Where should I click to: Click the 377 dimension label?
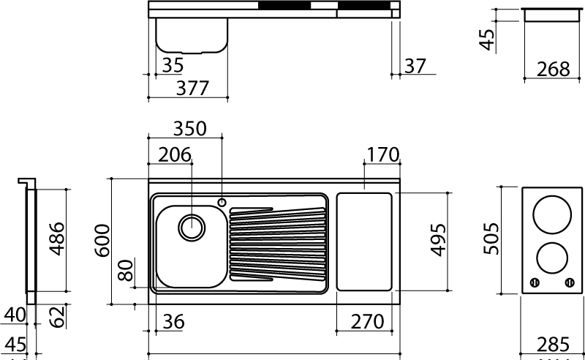click(x=192, y=88)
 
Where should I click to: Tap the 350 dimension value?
click(x=189, y=129)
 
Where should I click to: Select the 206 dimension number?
click(x=175, y=154)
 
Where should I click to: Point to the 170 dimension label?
click(x=383, y=154)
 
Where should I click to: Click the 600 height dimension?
click(x=102, y=241)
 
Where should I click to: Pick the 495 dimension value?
click(x=438, y=240)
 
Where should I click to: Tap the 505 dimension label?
click(x=491, y=239)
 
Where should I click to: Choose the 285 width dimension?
click(x=554, y=344)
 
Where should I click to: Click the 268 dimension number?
click(x=554, y=69)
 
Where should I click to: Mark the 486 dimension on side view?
click(x=57, y=239)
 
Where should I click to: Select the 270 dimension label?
click(x=367, y=321)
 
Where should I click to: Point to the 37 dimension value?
click(x=415, y=66)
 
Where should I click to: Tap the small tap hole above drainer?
click(x=222, y=203)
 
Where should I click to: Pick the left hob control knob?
click(x=535, y=282)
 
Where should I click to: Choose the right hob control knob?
click(x=570, y=282)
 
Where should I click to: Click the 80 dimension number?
click(x=125, y=270)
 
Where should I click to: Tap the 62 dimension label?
click(x=57, y=317)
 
